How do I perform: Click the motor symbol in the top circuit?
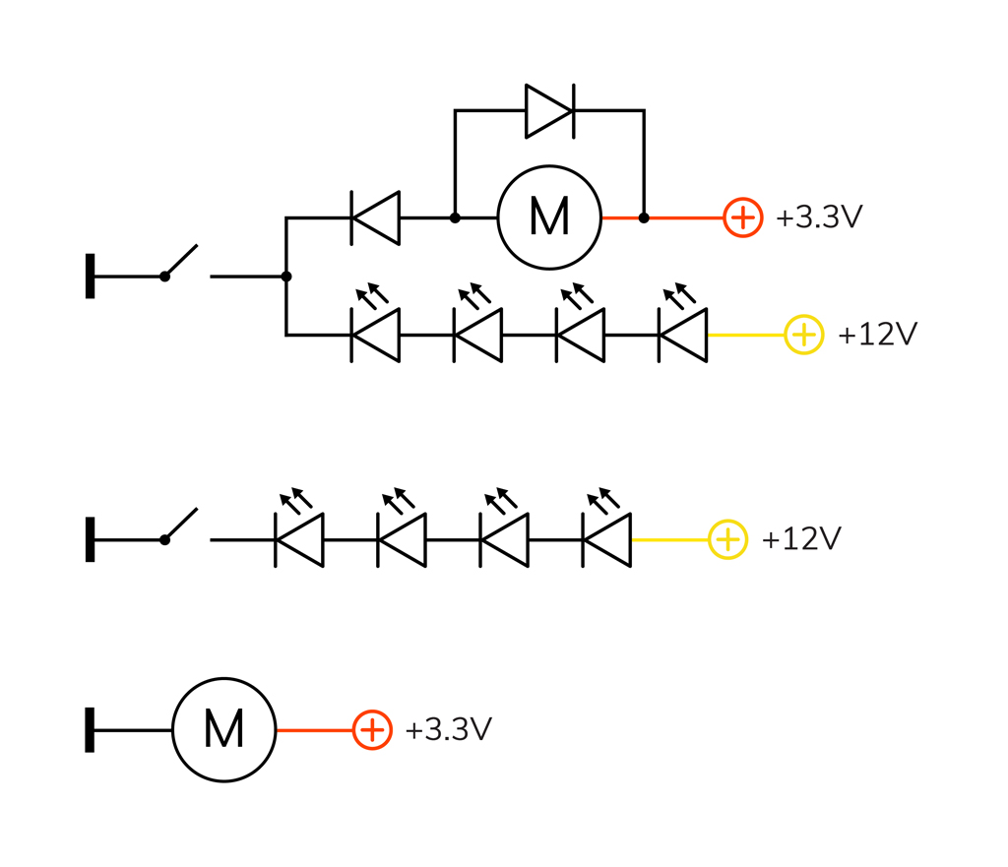coord(548,217)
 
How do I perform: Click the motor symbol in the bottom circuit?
coord(224,730)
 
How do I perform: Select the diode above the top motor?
coord(549,110)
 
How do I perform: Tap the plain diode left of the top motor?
coord(376,217)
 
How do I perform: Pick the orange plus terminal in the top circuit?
coord(743,217)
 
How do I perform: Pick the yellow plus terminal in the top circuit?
coord(804,336)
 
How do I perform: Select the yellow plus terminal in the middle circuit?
coord(727,539)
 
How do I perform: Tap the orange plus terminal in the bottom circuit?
coord(372,730)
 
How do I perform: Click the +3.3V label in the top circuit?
coord(819,217)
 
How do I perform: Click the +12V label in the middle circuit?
coord(801,539)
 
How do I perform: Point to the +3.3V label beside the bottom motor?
coord(448,730)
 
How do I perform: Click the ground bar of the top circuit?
coord(91,277)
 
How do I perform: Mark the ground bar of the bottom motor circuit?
coord(91,730)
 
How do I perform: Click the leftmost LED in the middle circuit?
coord(299,539)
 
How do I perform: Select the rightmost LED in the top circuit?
coord(683,335)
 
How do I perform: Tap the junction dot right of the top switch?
coord(286,277)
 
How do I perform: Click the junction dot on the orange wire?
coord(644,217)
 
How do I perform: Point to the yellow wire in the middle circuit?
coord(669,539)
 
